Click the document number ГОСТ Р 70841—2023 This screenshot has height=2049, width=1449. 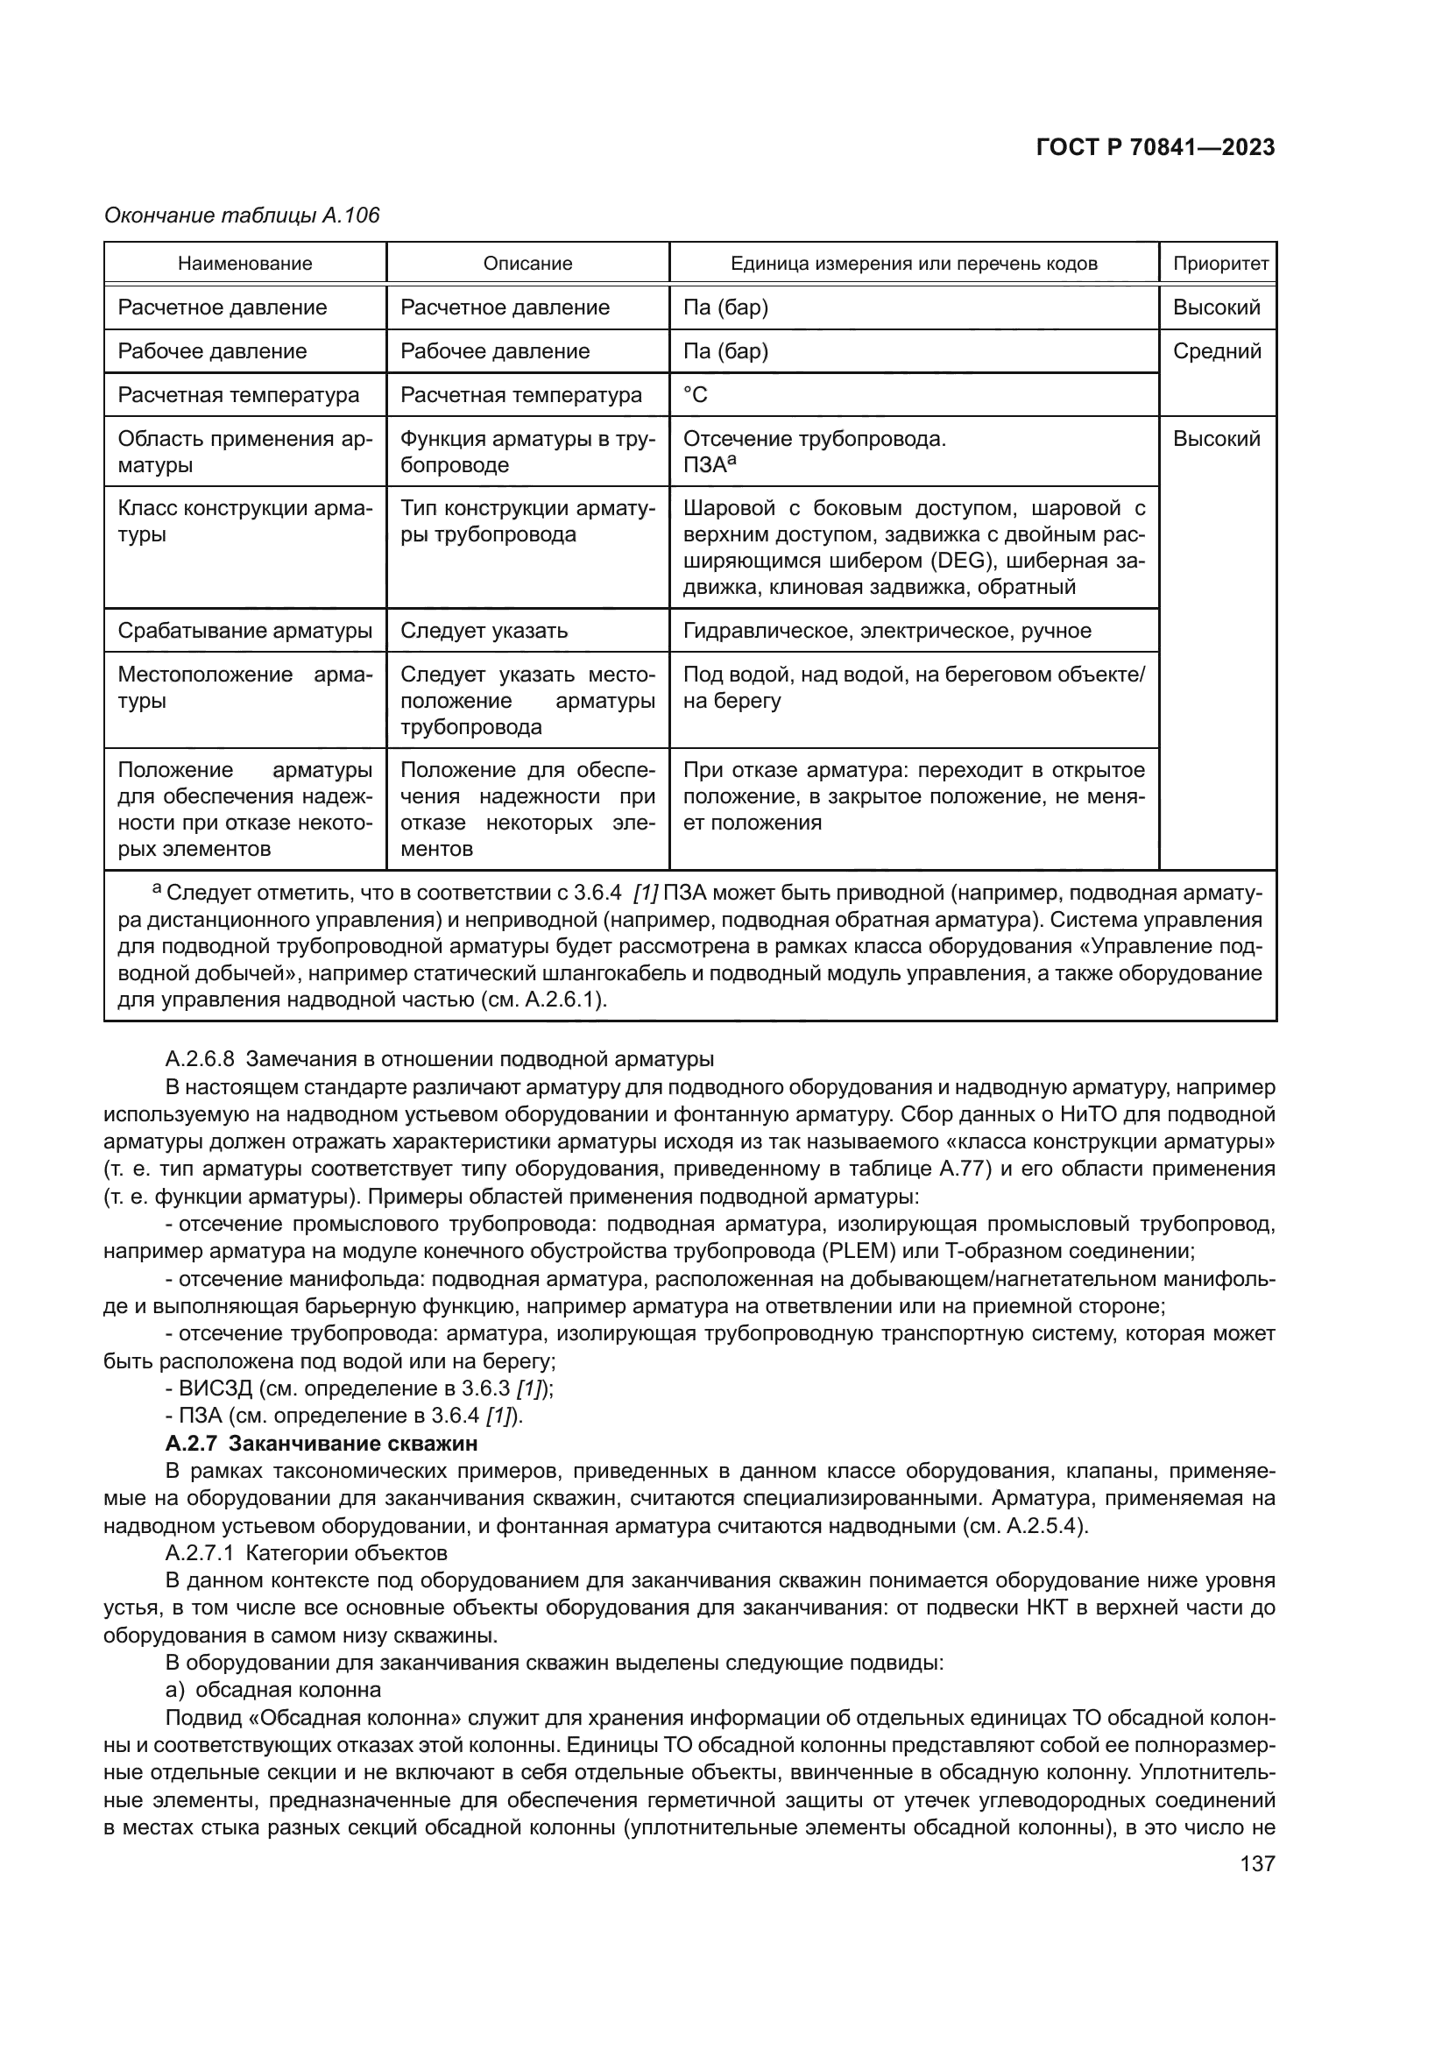(x=1155, y=148)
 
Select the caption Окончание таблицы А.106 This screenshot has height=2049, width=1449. (x=242, y=215)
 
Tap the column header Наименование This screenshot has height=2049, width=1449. (x=245, y=264)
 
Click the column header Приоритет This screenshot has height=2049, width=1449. (x=1219, y=264)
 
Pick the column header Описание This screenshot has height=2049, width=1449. (x=527, y=264)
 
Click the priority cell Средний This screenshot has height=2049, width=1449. (x=1217, y=350)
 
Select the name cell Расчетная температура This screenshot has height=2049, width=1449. (x=238, y=394)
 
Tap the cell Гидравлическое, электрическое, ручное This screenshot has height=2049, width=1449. (x=887, y=631)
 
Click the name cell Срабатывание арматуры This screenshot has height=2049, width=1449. (x=244, y=631)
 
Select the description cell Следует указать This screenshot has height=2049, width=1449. (x=484, y=631)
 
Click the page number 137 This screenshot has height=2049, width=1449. (x=1257, y=1864)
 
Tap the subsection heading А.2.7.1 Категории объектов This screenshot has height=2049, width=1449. (x=306, y=1553)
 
